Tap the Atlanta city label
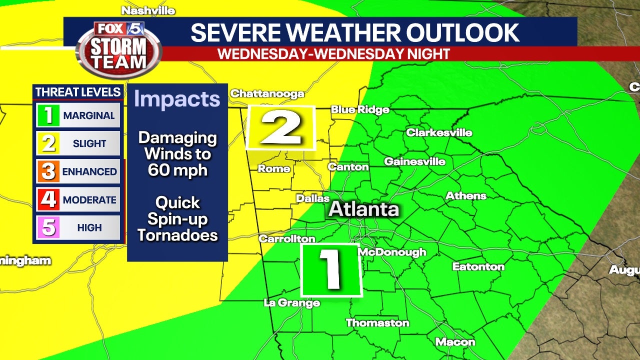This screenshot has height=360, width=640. [363, 209]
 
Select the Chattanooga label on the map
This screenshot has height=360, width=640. [267, 94]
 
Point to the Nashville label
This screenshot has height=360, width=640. [148, 11]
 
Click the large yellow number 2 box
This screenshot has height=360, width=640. [281, 128]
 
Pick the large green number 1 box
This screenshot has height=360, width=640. [331, 270]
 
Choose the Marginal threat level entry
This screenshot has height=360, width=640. [78, 115]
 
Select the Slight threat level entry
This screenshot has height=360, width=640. [78, 143]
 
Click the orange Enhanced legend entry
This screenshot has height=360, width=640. [78, 171]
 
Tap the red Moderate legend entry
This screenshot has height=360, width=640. [78, 200]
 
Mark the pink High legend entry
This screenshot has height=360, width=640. [78, 228]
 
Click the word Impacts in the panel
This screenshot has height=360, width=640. [177, 99]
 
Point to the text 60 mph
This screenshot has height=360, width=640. [177, 170]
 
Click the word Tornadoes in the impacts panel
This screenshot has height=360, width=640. [177, 235]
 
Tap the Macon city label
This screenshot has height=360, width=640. [455, 342]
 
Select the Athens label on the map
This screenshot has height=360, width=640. [466, 196]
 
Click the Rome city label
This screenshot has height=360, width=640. [274, 168]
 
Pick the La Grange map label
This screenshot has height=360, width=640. [291, 302]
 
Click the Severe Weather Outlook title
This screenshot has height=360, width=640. [355, 33]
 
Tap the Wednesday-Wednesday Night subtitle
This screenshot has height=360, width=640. [333, 54]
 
